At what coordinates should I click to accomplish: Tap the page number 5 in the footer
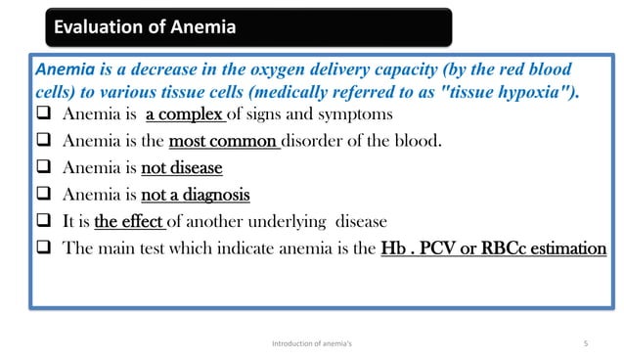584,343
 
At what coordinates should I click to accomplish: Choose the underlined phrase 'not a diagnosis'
196,195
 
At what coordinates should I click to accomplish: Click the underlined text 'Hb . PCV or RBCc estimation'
493,248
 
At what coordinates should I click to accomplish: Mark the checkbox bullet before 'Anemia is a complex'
46,115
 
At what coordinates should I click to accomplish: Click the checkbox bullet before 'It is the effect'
46,221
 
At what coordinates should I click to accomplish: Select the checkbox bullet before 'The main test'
46,248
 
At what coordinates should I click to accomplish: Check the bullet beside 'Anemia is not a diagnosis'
46,195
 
